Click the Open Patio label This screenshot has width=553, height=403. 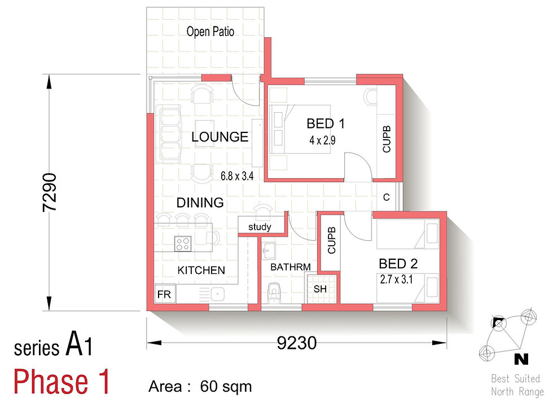[210, 32]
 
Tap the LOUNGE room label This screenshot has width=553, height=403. [220, 136]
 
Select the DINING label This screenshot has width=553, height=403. [200, 202]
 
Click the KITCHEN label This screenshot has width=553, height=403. [201, 270]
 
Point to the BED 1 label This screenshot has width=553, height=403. [326, 123]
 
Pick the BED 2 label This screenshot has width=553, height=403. [398, 264]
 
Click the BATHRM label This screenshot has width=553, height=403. [290, 267]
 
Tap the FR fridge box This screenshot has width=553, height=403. [165, 294]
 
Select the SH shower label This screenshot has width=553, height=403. [320, 289]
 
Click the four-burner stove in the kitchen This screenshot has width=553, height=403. [183, 243]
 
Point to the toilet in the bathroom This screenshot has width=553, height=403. [274, 293]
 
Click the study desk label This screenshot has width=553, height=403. [260, 227]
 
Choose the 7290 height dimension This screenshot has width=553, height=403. [50, 192]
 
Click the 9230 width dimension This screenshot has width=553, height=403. [297, 343]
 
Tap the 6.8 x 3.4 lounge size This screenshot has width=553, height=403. [237, 176]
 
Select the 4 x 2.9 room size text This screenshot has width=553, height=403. [322, 140]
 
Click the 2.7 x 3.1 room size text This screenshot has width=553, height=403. [396, 280]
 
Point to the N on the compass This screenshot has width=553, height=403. [521, 359]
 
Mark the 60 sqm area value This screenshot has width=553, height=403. [226, 387]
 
